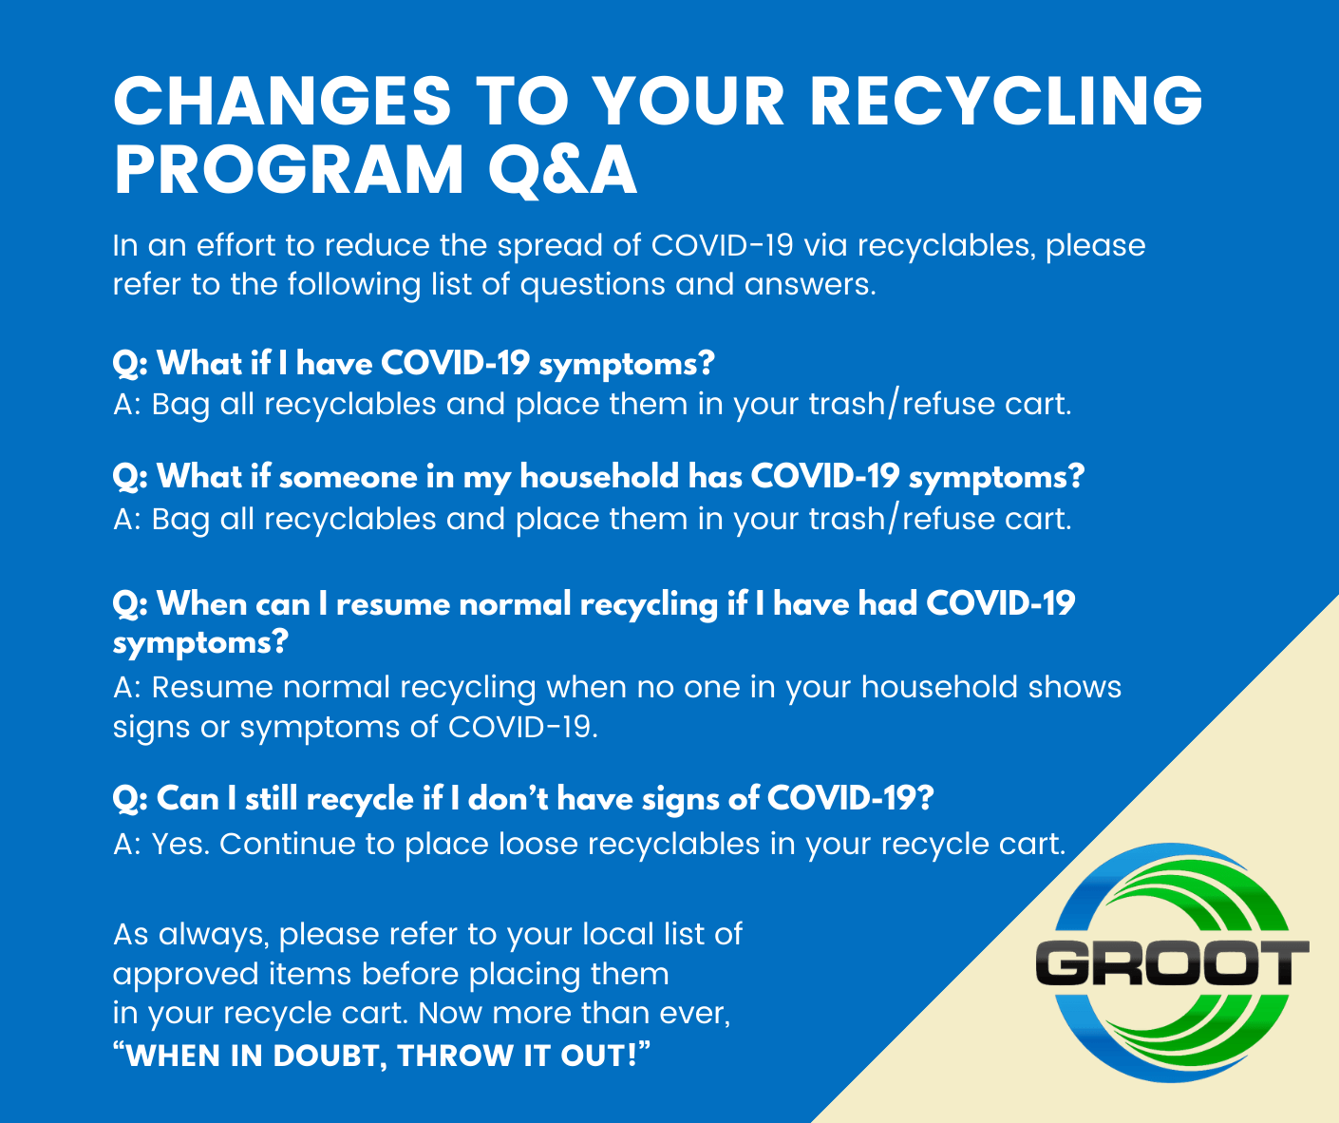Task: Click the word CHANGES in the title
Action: pos(283,101)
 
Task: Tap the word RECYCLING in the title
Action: pos(1007,101)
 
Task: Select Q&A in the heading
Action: pos(562,171)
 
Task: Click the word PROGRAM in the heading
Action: pos(289,170)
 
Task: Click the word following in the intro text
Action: pos(354,285)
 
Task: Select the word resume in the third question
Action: pos(392,604)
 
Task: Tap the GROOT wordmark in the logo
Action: pos(1172,962)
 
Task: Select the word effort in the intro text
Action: pos(236,245)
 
